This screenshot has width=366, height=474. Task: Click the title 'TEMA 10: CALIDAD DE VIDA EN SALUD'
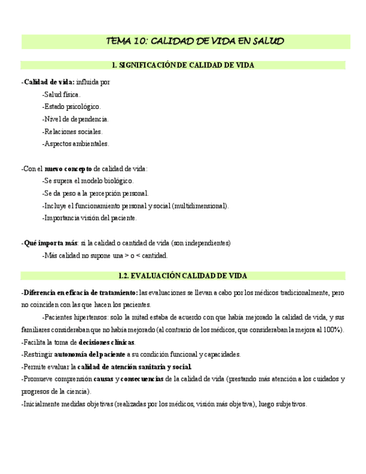195,41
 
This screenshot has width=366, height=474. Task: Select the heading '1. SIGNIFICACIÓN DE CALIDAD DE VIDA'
183,65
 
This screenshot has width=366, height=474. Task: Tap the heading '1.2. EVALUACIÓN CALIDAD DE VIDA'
183,276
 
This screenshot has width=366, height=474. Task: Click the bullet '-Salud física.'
61,94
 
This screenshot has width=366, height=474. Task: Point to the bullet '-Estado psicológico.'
71,106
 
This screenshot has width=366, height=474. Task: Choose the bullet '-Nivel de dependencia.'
75,118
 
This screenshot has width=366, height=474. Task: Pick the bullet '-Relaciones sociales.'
72,131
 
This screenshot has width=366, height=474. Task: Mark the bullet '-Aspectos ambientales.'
75,144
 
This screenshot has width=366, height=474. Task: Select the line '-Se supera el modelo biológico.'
88,181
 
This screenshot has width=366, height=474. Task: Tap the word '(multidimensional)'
201,206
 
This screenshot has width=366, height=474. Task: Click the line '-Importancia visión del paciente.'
89,218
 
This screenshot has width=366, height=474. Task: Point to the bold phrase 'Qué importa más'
50,243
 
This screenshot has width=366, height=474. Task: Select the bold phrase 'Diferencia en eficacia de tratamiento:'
80,292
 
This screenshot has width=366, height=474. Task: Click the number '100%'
333,329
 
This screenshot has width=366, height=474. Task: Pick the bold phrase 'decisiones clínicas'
107,342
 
